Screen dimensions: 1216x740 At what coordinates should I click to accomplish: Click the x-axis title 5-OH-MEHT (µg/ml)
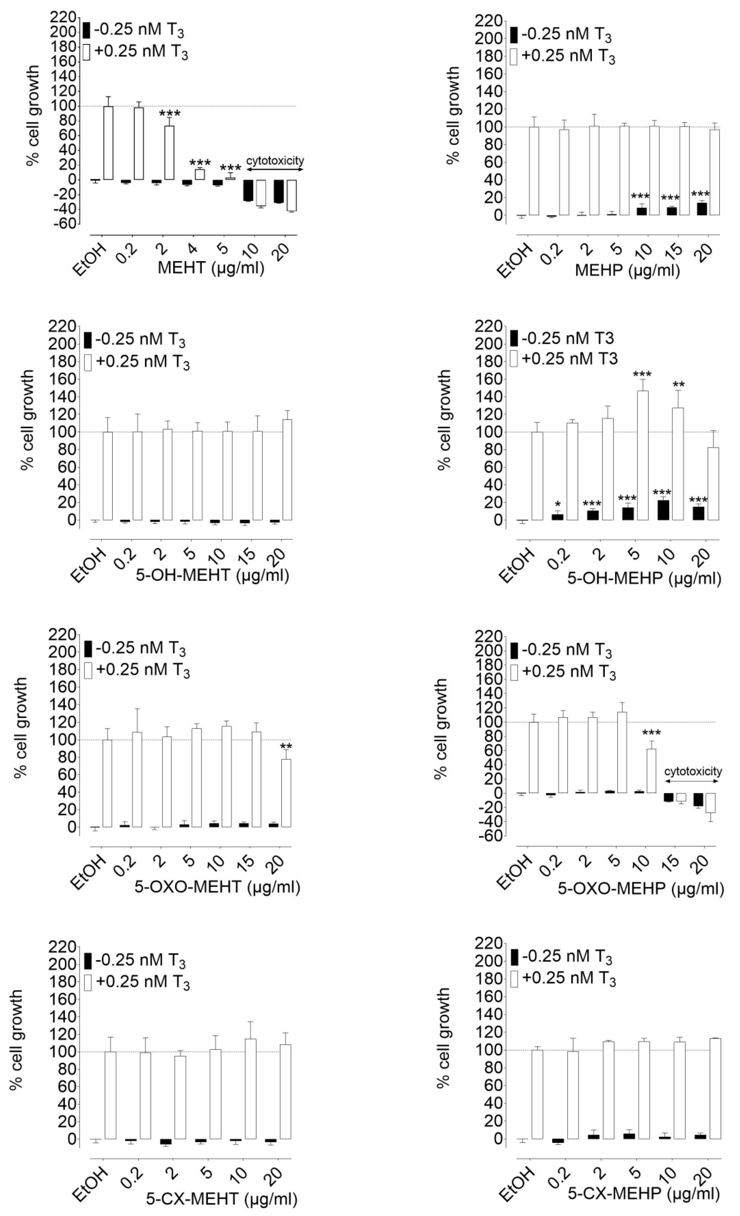tap(212, 575)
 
